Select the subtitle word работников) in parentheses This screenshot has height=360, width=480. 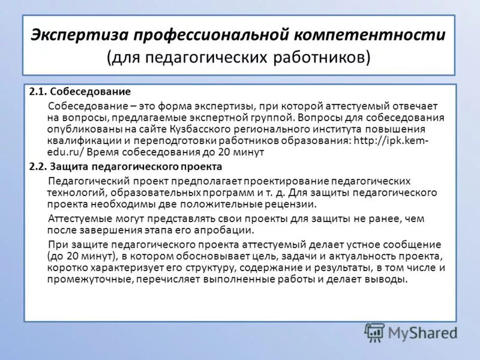pyautogui.click(x=326, y=57)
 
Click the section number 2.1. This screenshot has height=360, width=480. pyautogui.click(x=38, y=92)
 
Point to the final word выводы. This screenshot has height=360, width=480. pyautogui.click(x=389, y=280)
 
